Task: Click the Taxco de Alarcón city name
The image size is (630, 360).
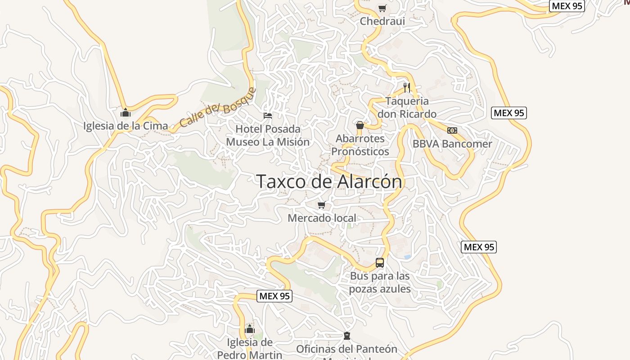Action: click(329, 181)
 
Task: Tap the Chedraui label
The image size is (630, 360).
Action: click(382, 21)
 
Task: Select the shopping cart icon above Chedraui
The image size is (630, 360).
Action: click(382, 8)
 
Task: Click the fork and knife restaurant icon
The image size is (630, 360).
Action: click(407, 87)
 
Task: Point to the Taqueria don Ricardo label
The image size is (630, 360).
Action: click(407, 108)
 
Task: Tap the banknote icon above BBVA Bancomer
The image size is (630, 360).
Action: click(452, 130)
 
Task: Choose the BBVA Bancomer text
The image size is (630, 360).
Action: click(452, 144)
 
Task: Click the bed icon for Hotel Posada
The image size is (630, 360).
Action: click(268, 116)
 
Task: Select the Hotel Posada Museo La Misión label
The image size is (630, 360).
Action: click(268, 135)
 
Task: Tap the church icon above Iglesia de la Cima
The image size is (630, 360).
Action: click(126, 112)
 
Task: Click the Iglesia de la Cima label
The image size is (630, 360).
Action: click(126, 126)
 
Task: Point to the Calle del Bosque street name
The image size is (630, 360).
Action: click(218, 108)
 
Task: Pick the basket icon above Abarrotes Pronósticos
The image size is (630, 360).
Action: click(360, 125)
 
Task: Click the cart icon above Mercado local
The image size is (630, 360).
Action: click(322, 205)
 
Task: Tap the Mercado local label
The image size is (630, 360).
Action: click(322, 218)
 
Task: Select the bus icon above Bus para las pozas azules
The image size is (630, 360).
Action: click(380, 263)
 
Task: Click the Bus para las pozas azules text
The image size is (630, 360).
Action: click(380, 282)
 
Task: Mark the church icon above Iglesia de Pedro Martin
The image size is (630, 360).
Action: click(250, 329)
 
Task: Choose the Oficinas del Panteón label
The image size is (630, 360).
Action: click(346, 349)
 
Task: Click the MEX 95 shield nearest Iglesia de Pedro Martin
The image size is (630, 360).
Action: click(274, 296)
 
